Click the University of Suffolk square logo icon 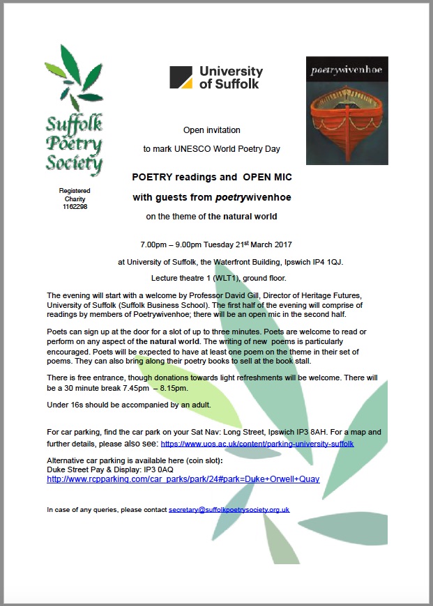coord(181,77)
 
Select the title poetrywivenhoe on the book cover coord(347,70)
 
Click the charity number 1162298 coord(74,206)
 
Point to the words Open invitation coord(211,130)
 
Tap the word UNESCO coord(199,149)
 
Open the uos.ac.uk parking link coord(257,443)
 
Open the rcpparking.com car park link coord(183,479)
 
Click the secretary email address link coord(229,510)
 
